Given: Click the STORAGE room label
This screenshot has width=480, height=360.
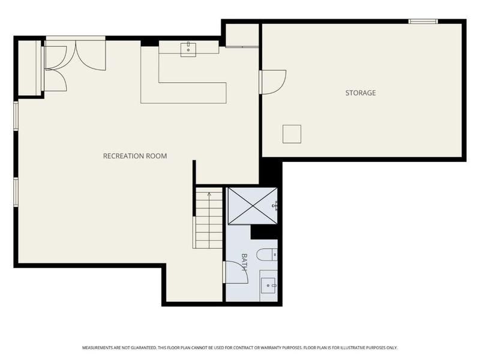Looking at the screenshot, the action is point(361,93).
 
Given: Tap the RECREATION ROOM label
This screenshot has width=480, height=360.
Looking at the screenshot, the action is point(135,156).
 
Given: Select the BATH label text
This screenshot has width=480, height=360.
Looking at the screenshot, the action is point(244,262).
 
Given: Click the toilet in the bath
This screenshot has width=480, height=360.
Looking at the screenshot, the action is point(267,254).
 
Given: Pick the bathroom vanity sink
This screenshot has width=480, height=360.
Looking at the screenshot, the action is point(268,286).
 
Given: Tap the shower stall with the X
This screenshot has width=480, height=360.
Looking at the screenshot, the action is point(253,206).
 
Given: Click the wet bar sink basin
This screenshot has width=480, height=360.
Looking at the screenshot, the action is point(188,50).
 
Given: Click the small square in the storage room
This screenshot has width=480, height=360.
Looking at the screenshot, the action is point(292,134).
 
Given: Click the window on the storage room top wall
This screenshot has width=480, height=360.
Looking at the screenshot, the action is point(424,21).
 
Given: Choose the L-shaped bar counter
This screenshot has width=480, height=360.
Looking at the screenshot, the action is point(184,92).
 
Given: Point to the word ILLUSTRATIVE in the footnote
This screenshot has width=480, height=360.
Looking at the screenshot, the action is point(353,348).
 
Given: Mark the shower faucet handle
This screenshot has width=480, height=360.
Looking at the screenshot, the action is point(275,206).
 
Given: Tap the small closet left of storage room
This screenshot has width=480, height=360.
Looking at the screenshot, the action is point(242,35).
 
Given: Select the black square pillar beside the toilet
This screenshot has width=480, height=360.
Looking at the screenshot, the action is point(264,232).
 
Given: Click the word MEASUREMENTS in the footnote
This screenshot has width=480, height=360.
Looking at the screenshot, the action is point(97,348).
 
